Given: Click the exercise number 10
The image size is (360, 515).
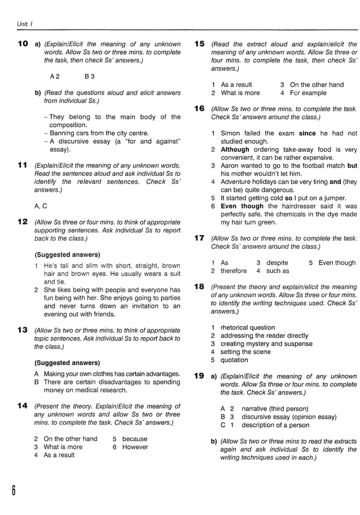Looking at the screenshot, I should point(23,43).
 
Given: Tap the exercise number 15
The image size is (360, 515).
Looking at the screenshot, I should point(199,43).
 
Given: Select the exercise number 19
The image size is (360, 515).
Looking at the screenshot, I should point(199,376).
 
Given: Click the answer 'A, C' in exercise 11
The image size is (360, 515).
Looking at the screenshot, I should point(41,206).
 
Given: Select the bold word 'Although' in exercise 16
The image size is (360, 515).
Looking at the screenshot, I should point(235,149).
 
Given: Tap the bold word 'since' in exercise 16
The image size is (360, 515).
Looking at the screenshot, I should point(307,133).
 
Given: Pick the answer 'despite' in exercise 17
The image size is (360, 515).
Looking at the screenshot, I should point(277,262).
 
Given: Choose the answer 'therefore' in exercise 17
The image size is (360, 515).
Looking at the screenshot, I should point(234,271).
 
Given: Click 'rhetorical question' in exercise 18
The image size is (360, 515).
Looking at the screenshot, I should point(248,327).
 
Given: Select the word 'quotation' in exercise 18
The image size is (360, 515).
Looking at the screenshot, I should point(234,360).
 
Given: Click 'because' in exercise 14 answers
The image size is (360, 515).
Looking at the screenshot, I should point(134,438).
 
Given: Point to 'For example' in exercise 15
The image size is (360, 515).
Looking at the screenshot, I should point(308,93).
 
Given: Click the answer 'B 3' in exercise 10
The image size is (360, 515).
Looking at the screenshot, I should point(89,76).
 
